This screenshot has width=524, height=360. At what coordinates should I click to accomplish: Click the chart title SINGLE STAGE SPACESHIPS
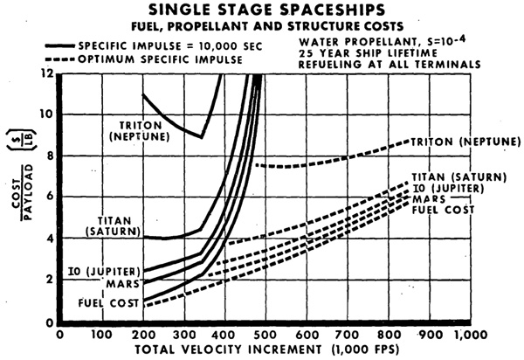266,10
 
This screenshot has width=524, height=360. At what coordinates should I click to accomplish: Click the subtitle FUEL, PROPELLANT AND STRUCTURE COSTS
267,26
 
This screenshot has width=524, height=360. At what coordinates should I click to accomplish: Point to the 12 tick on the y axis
47,73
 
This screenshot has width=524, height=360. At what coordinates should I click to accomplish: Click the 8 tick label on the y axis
50,156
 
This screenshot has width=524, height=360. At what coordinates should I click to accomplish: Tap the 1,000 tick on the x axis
472,335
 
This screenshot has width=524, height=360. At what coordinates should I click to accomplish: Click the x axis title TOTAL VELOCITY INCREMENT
228,350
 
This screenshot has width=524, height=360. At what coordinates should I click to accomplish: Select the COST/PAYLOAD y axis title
23,192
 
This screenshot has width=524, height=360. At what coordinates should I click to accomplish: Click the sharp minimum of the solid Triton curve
201,137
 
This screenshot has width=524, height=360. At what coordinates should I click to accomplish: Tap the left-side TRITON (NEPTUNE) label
140,131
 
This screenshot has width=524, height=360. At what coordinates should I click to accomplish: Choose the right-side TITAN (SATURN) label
458,177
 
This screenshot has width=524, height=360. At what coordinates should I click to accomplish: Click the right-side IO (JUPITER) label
448,189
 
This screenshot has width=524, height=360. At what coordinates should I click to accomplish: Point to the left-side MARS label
122,284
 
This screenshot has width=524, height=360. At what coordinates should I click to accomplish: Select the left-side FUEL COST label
108,303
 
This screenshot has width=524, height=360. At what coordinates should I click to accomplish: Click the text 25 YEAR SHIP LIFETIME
368,53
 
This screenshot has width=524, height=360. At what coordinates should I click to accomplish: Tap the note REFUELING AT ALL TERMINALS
390,65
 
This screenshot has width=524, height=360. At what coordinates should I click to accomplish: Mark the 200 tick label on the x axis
144,335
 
